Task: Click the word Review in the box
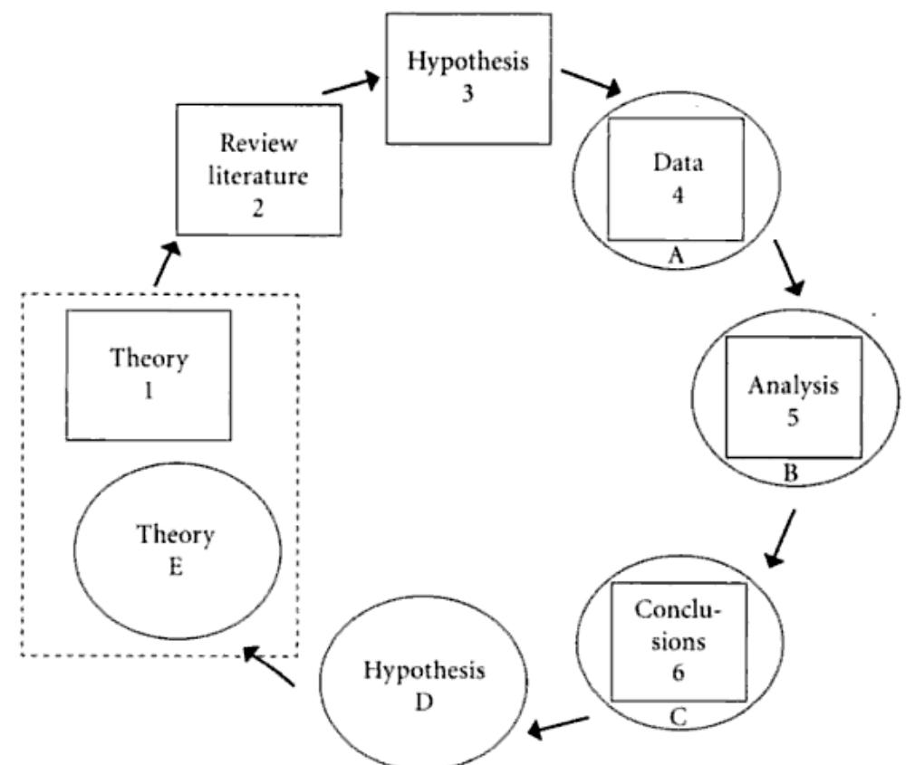pos(259,144)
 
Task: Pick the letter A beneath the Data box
pos(675,256)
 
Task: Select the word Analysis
pos(794,387)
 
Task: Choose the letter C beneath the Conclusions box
pos(679,718)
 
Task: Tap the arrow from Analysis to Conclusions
pos(780,538)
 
